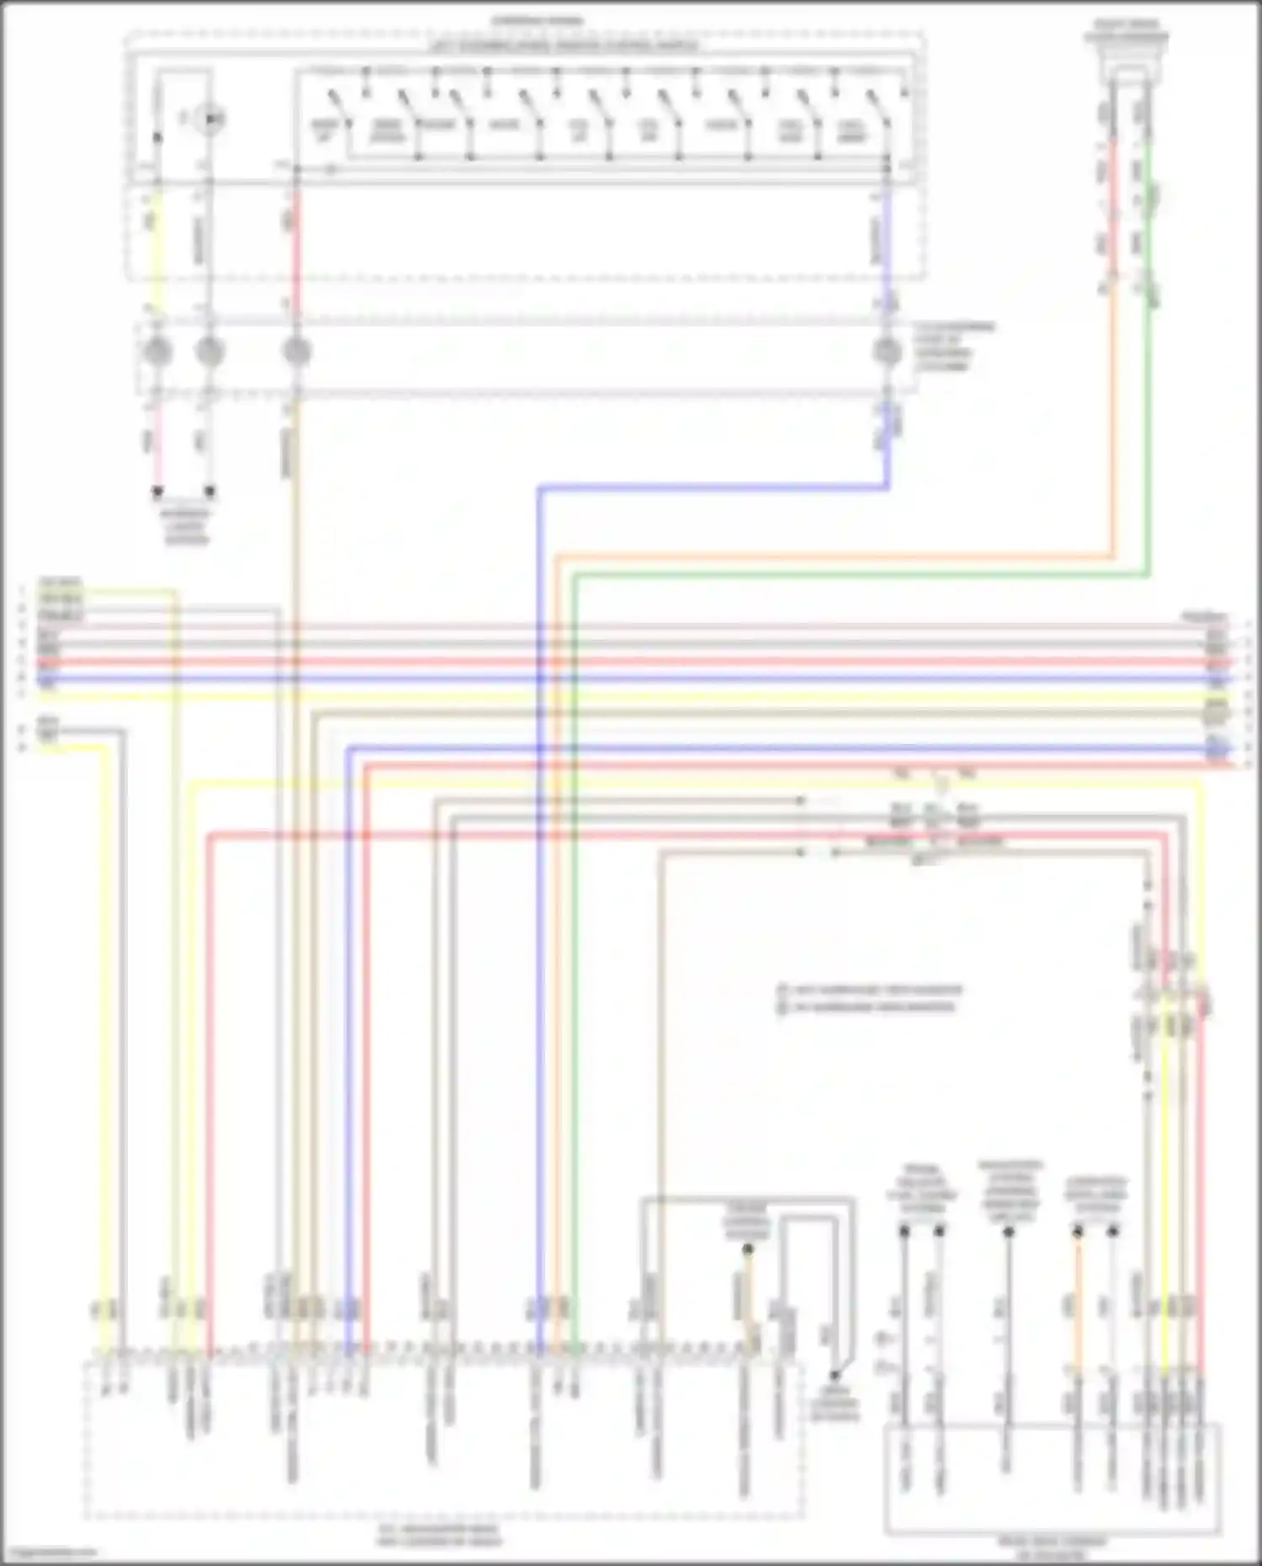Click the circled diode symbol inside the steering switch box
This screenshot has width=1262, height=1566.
coord(209,120)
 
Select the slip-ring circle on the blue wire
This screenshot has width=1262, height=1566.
coord(885,351)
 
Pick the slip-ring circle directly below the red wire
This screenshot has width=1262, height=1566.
coord(295,351)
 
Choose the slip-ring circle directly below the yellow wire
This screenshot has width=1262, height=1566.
coord(156,351)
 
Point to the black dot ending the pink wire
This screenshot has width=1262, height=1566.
coord(156,491)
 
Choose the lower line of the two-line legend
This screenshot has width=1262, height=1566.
coord(867,1006)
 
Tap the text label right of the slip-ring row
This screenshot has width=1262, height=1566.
coord(954,346)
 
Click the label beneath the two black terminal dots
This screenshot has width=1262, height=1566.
coord(185,525)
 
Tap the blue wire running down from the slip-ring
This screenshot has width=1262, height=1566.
coord(539,926)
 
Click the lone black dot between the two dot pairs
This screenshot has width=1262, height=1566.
coord(1008,1232)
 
